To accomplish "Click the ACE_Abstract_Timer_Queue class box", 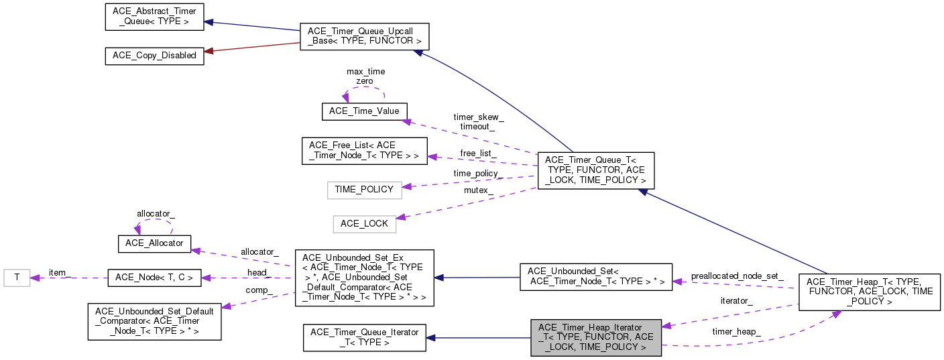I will tap(154, 16).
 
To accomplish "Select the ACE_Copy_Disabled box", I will tap(154, 56).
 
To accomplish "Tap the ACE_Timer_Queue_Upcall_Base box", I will tap(364, 36).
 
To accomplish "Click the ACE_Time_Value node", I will tap(365, 111).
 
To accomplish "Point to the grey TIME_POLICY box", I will tap(365, 190).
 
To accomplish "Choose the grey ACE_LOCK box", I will tap(365, 224).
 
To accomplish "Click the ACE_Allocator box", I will tap(154, 243).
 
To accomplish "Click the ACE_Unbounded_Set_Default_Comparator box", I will tap(154, 320).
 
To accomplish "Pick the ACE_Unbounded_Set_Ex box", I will tap(364, 278).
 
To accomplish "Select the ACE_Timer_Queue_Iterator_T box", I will tap(365, 337).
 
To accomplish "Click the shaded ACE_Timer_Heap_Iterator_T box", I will tap(596, 337).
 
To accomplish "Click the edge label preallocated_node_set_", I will tap(737, 276).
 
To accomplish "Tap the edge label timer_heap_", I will tap(737, 332).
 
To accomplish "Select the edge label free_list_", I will tap(478, 153).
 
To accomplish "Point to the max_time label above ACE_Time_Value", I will tap(365, 71).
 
